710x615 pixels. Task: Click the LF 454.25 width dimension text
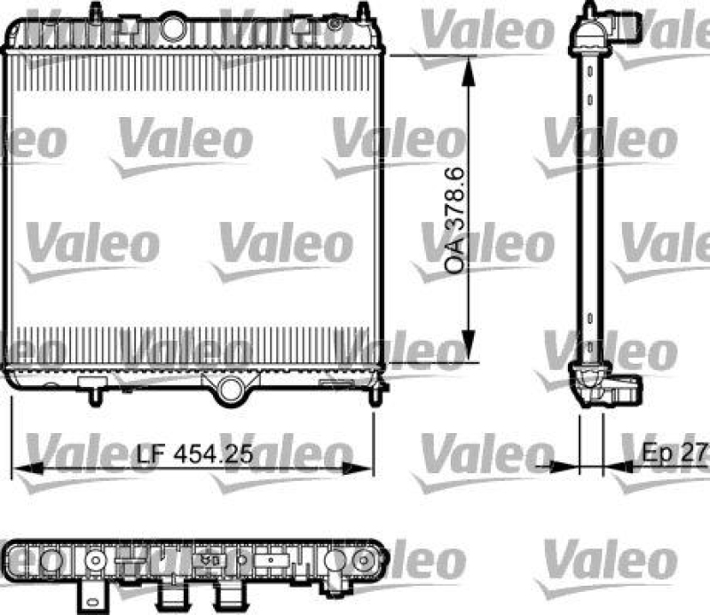coord(195,453)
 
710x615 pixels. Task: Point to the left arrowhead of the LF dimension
coord(20,467)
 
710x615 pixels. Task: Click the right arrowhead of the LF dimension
coord(365,467)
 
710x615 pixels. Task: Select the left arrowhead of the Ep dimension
coord(569,467)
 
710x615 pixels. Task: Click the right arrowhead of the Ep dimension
coord(613,467)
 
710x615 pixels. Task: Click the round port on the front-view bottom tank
coord(231,388)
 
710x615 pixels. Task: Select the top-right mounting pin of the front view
coord(363,11)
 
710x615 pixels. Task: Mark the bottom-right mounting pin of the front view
coord(382,389)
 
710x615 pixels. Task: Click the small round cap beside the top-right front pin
coord(335,22)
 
